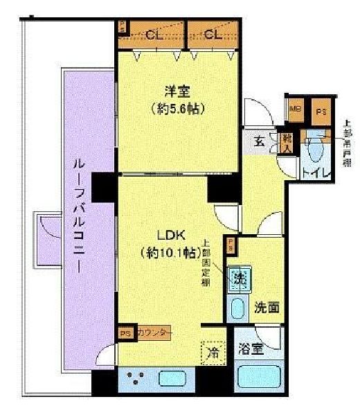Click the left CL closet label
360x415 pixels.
[x=154, y=33]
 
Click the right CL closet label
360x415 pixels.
[x=213, y=33]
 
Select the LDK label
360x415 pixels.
[x=161, y=233]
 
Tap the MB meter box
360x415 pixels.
[x=295, y=109]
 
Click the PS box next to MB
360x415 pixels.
[x=321, y=111]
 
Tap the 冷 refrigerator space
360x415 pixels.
[x=212, y=353]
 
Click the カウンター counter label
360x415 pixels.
[x=152, y=333]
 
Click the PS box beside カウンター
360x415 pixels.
[x=125, y=333]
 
